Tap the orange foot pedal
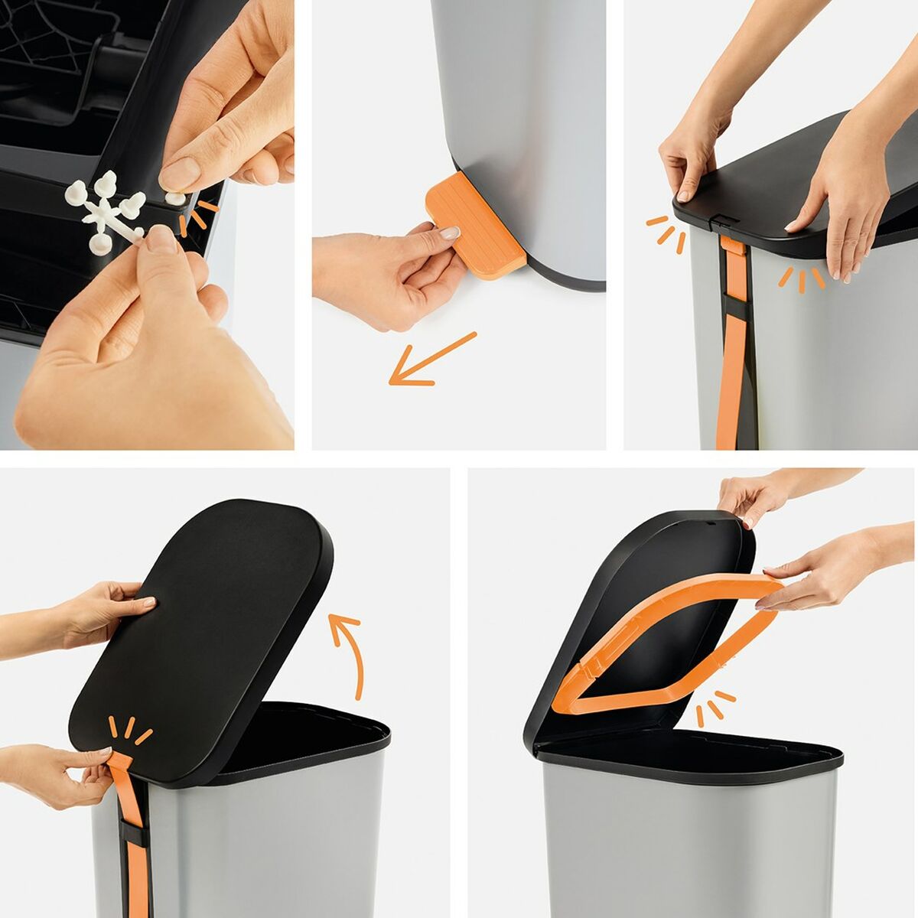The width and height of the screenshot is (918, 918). (x=474, y=226)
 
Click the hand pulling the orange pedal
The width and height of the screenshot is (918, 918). (x=382, y=275)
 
